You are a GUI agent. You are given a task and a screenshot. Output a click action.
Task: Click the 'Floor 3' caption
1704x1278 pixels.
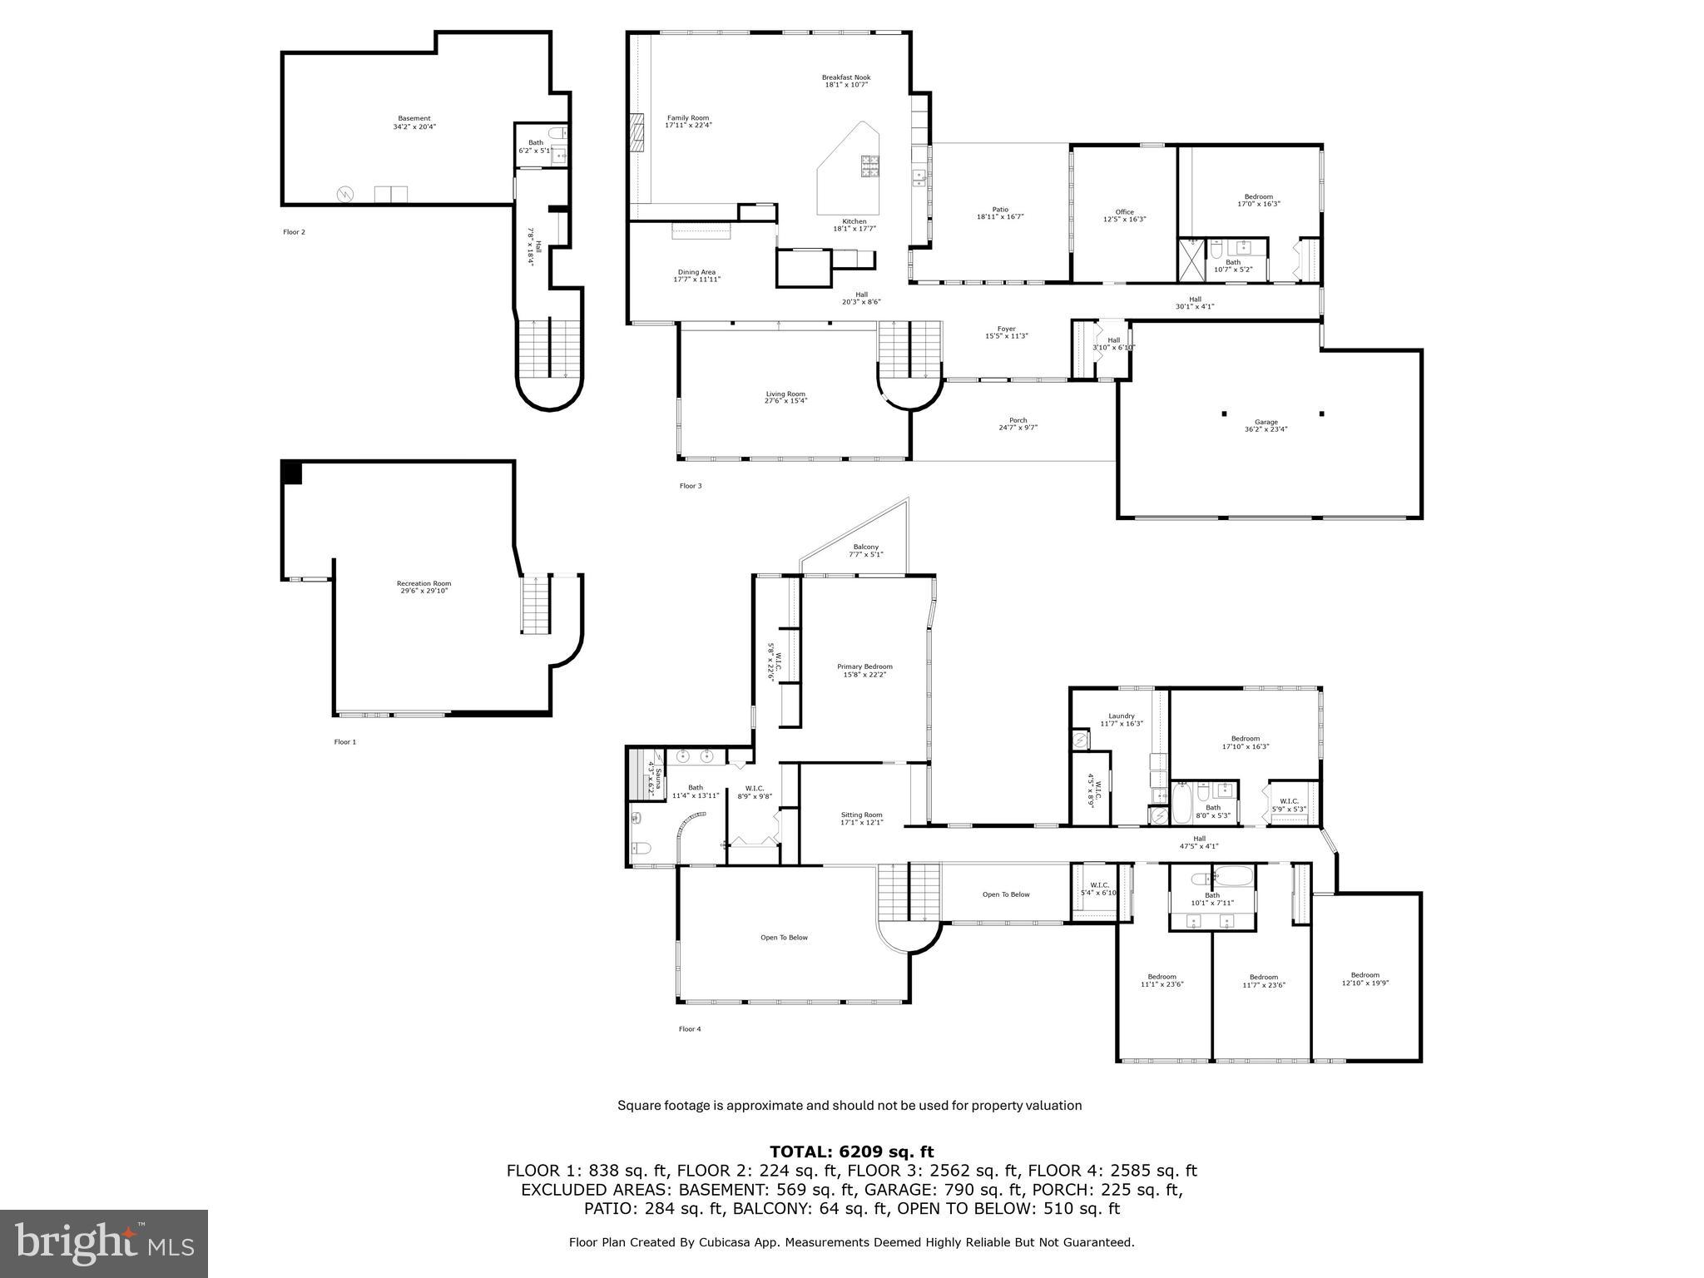point(690,486)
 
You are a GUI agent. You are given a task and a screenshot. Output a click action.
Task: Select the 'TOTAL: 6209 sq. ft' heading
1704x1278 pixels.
point(851,1152)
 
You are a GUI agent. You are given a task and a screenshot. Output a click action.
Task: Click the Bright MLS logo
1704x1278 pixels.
point(104,1243)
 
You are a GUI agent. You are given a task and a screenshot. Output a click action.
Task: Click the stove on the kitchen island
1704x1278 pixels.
point(869,166)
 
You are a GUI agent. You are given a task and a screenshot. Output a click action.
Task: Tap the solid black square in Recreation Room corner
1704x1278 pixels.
point(291,471)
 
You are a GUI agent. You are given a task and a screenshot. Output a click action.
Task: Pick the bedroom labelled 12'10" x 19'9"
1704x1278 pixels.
point(1365,978)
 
